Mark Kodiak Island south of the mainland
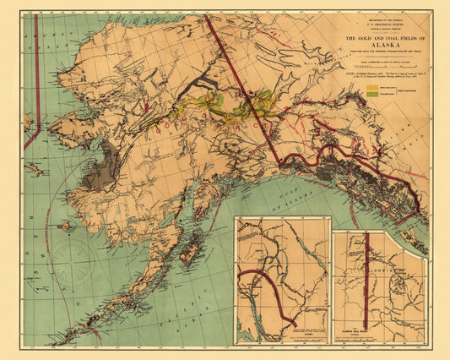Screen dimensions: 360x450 click(x=191, y=249)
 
